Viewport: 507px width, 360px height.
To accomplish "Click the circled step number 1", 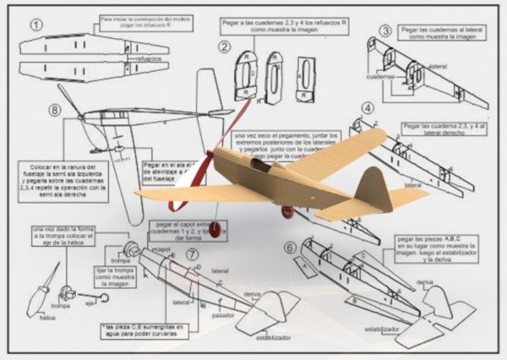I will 36,25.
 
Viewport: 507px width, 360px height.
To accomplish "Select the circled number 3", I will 385,31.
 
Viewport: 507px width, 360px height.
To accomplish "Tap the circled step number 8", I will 55,110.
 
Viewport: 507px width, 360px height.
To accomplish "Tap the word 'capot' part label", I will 164,250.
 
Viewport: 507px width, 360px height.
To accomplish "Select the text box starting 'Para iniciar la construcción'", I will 145,21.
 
